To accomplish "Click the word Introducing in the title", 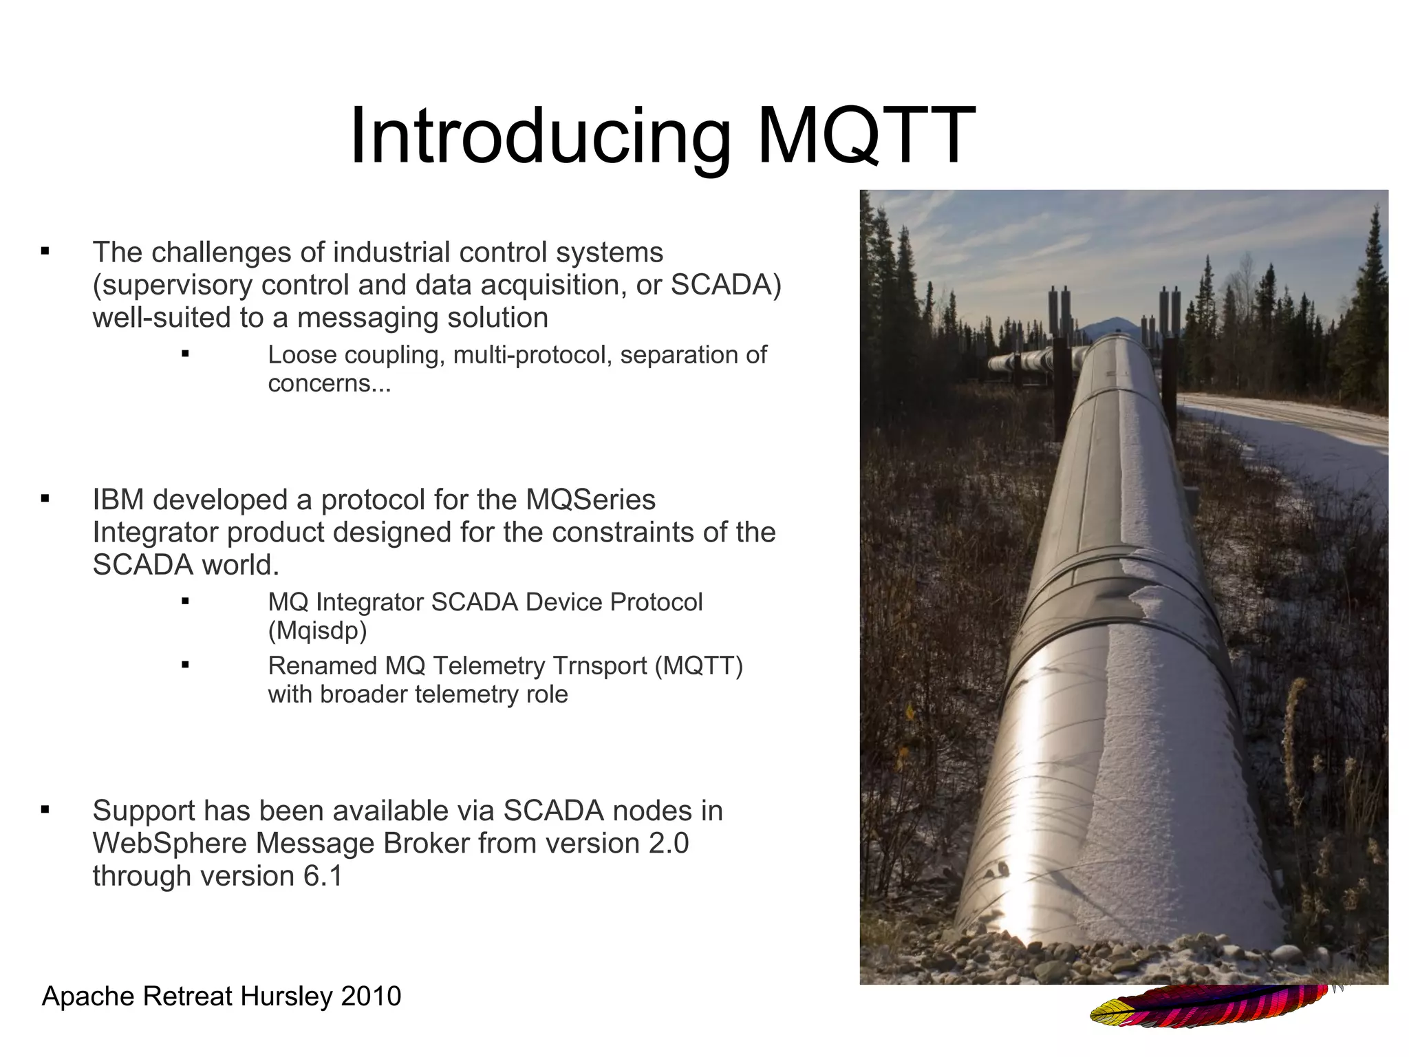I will pos(540,138).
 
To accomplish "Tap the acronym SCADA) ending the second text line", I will pos(727,285).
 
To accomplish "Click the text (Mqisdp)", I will pos(317,630).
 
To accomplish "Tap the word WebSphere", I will pos(164,844).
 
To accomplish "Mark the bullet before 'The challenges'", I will pos(45,252).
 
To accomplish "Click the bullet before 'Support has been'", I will pos(45,810).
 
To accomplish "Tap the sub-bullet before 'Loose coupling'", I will pos(185,354).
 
